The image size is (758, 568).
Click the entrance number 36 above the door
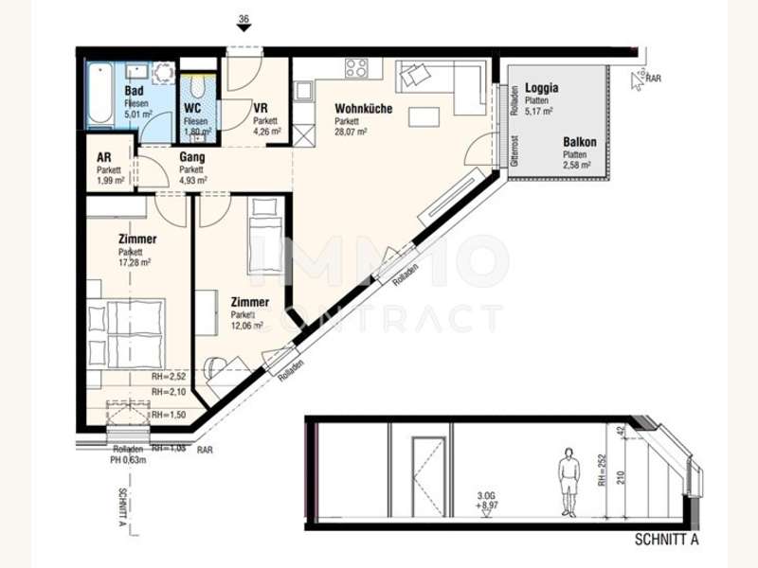point(244,18)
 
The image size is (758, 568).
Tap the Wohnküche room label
point(363,109)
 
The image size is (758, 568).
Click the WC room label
point(194,109)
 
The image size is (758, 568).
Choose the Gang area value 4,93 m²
point(193,180)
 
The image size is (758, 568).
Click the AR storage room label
point(104,158)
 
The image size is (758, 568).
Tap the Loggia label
point(541,88)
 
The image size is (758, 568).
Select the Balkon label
point(579,142)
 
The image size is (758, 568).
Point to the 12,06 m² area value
point(249,325)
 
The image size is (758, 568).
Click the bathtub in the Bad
point(99,97)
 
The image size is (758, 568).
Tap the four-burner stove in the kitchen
point(357,67)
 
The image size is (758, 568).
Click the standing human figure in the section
point(568,480)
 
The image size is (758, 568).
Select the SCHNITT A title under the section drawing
point(666,540)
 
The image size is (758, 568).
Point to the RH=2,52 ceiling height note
point(168,377)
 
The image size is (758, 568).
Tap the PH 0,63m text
point(128,461)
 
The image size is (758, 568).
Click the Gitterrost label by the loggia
point(514,151)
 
